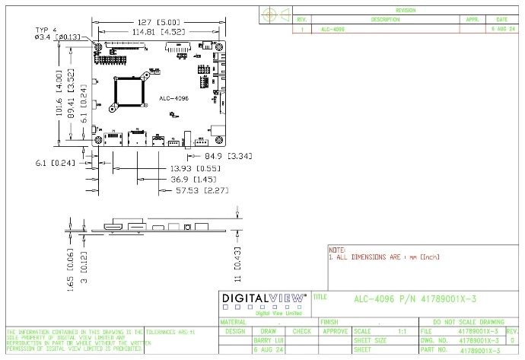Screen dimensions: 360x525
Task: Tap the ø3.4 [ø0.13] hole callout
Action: point(58,37)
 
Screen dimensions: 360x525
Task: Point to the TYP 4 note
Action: point(46,29)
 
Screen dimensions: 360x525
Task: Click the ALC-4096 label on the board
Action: point(173,98)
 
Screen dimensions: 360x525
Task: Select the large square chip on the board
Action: point(129,93)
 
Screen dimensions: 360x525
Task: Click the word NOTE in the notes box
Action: point(336,250)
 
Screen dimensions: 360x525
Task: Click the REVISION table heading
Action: point(406,11)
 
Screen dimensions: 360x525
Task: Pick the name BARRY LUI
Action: point(268,341)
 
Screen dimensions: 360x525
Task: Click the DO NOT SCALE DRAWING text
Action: point(468,322)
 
